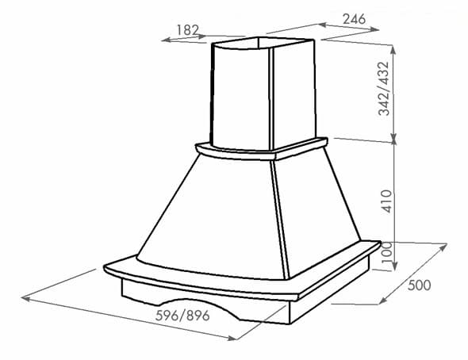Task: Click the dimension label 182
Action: click(x=187, y=29)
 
